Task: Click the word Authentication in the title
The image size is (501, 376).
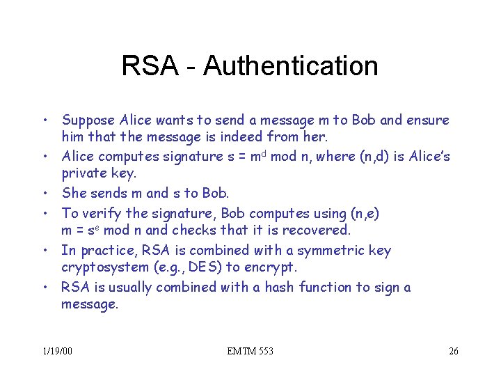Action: (x=291, y=66)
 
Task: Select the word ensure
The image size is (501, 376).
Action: (x=428, y=120)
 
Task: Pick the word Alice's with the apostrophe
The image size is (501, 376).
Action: (x=427, y=156)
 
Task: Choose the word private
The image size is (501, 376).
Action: (x=83, y=173)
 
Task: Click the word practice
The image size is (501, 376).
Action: (x=104, y=251)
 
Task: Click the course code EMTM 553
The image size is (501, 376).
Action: (x=250, y=351)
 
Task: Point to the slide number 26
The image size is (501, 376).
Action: (x=453, y=351)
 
